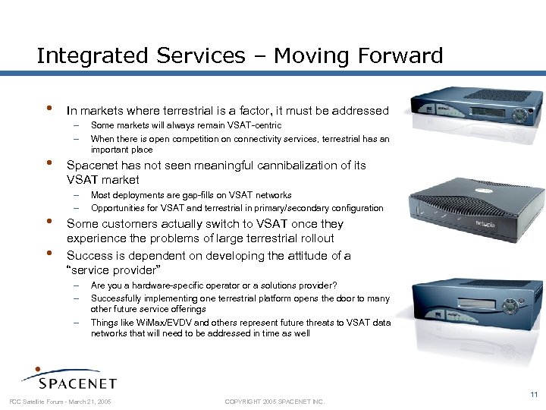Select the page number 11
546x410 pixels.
point(534,393)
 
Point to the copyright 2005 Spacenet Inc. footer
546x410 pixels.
point(275,401)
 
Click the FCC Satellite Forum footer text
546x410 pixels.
point(60,401)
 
